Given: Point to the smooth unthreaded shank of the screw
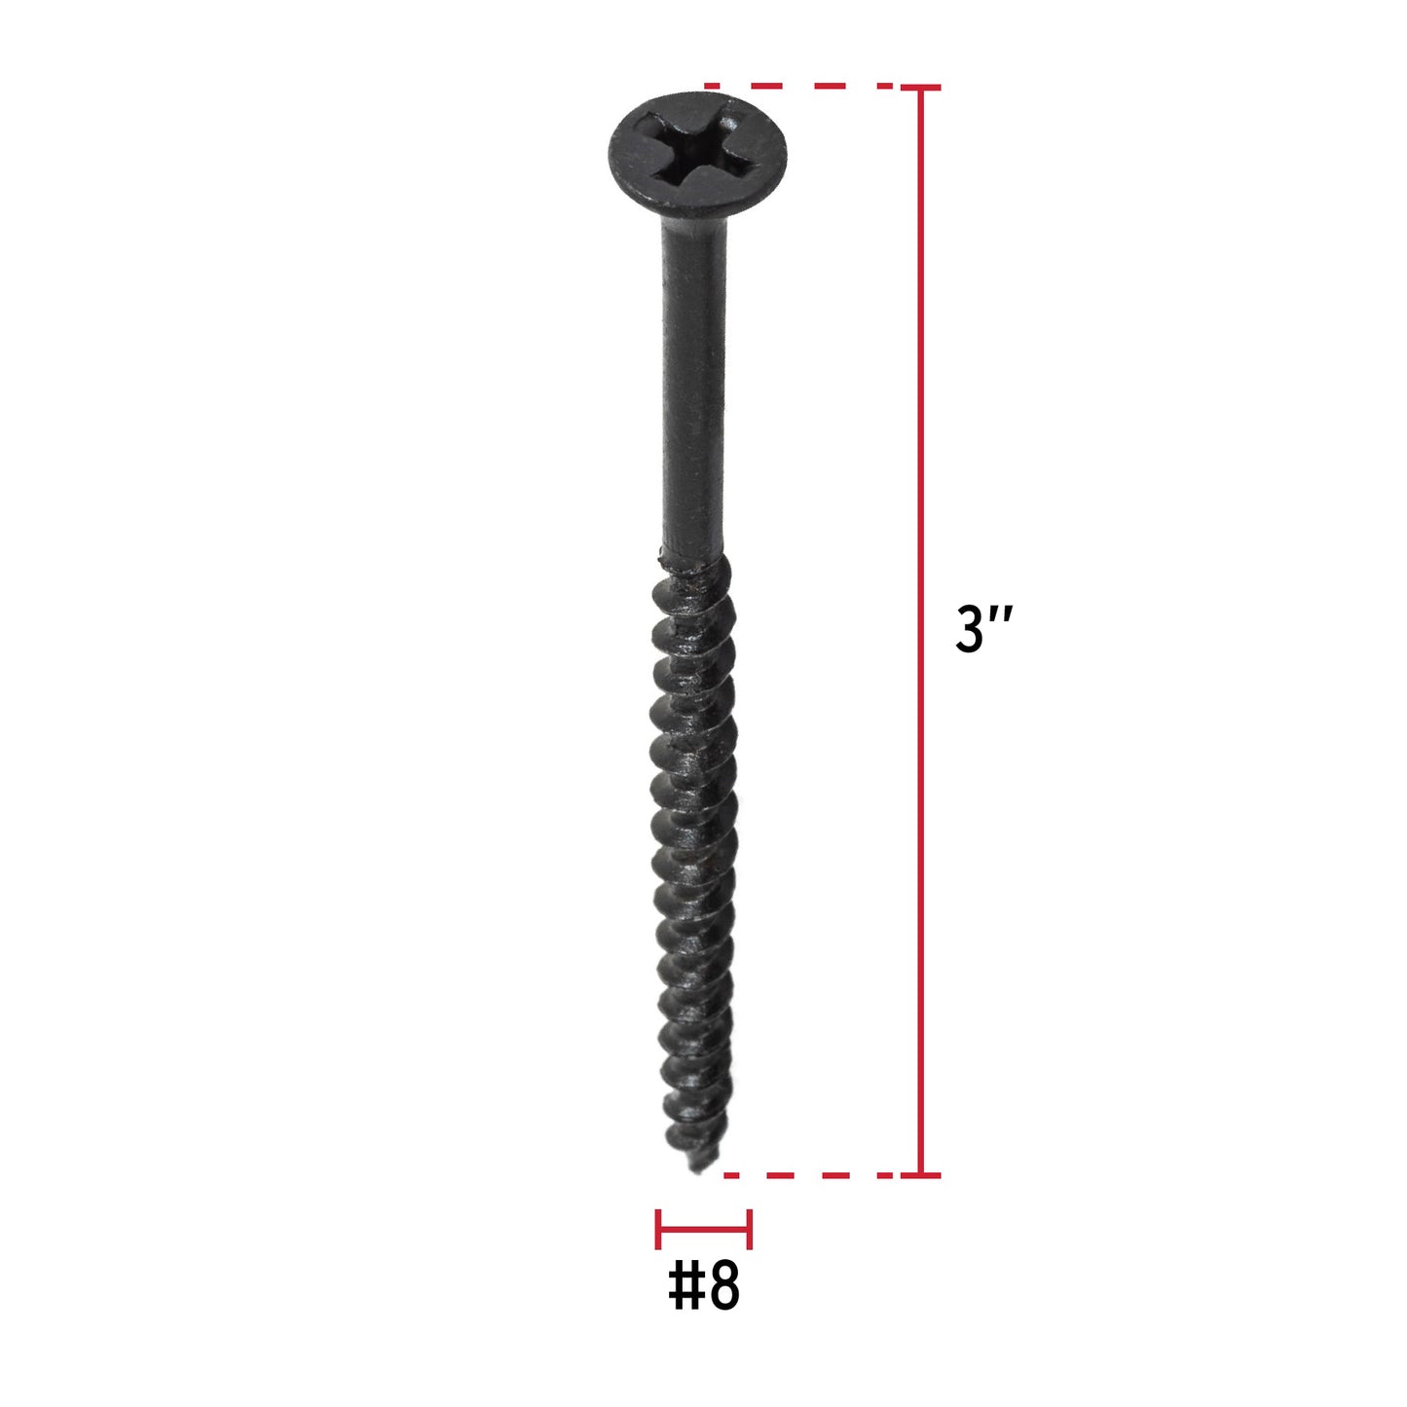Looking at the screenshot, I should pyautogui.click(x=693, y=389).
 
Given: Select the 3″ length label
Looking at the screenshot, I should pyautogui.click(x=983, y=629).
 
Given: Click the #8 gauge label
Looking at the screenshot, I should pyautogui.click(x=703, y=1286).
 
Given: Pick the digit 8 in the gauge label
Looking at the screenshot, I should pyautogui.click(x=723, y=1286).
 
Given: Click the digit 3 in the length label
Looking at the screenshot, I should pyautogui.click(x=971, y=629).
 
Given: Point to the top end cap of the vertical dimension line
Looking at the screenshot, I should pyautogui.click(x=919, y=88).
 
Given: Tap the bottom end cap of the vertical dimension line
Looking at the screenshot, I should pyautogui.click(x=919, y=1175).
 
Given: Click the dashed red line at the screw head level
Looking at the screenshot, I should pyautogui.click(x=798, y=87).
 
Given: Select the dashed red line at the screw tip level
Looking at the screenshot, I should pyautogui.click(x=808, y=1175).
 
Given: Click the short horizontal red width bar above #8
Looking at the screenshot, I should pyautogui.click(x=703, y=1229).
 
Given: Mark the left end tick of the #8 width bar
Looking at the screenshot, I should pyautogui.click(x=659, y=1229).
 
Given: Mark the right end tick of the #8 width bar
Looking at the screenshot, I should pyautogui.click(x=749, y=1229).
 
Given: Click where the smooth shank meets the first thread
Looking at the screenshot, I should pyautogui.click(x=692, y=561).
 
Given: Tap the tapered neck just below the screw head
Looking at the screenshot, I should pyautogui.click(x=693, y=229).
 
